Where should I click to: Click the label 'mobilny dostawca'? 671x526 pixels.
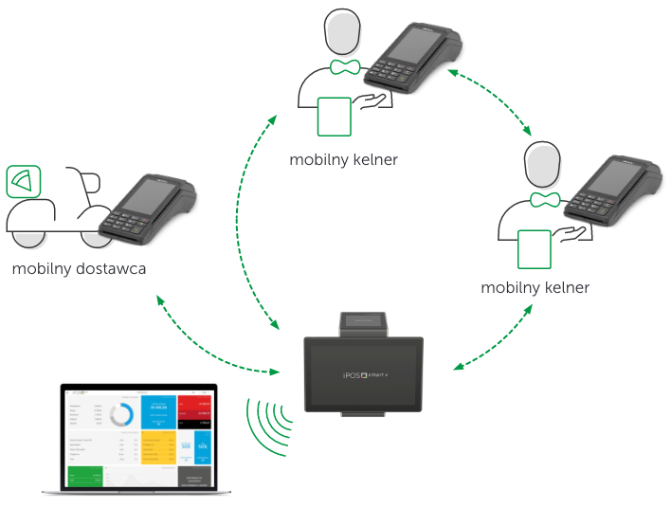click(x=79, y=269)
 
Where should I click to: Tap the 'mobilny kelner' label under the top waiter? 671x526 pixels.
click(x=344, y=160)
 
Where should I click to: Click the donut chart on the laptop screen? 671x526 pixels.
click(x=120, y=416)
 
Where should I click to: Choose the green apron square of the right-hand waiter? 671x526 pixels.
click(x=535, y=248)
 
